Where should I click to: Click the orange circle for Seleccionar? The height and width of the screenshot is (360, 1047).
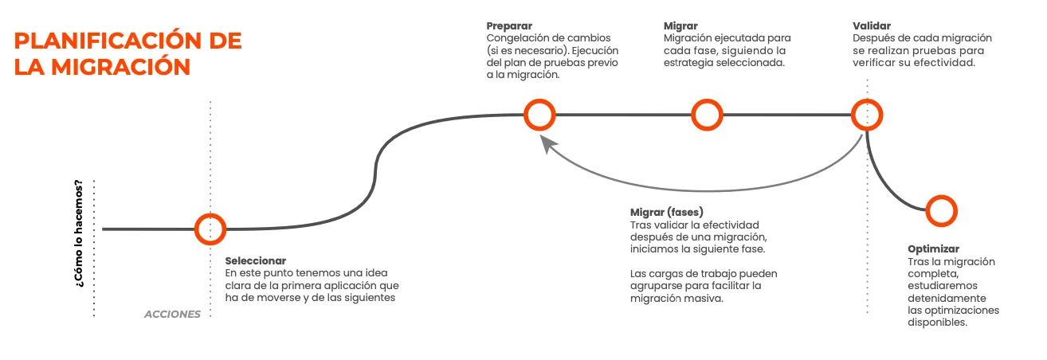[210, 229]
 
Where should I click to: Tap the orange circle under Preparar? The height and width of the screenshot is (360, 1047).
[539, 115]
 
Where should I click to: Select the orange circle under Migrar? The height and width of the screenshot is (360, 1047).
[706, 115]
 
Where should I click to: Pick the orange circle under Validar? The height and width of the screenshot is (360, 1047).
[867, 115]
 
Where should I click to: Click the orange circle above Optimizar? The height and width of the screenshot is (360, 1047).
[941, 210]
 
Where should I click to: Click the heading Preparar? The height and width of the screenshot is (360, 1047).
[509, 25]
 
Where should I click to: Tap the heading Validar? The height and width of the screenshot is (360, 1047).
[872, 25]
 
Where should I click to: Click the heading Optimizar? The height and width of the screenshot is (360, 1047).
[933, 249]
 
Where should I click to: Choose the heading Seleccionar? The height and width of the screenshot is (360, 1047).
[255, 261]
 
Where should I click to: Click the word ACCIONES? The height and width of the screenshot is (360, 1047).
[172, 314]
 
